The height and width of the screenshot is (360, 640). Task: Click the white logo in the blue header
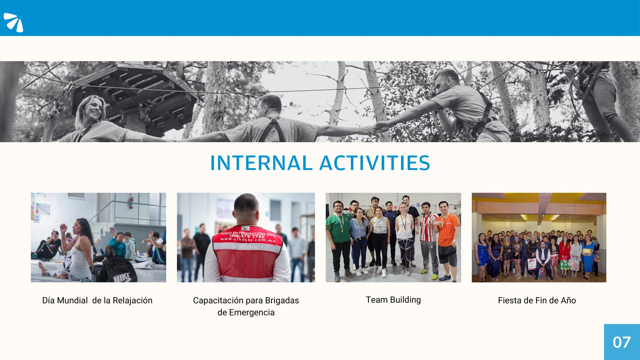pos(13,22)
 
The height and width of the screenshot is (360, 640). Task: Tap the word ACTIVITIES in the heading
pos(375,163)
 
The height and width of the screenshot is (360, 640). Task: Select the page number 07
pos(622,342)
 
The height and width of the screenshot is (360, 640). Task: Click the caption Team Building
pos(393,300)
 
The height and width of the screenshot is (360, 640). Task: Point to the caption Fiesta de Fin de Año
pos(537,300)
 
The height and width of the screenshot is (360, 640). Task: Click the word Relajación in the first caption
pos(133,301)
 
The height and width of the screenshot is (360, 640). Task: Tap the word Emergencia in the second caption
pos(252,313)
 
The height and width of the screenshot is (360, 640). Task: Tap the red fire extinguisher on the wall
pos(131,203)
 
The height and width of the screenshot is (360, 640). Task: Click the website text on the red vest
pos(248,240)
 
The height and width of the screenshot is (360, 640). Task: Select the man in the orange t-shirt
pos(447,240)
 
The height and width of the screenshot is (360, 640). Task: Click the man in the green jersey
pos(338,240)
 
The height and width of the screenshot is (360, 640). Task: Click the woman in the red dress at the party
pos(564,255)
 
